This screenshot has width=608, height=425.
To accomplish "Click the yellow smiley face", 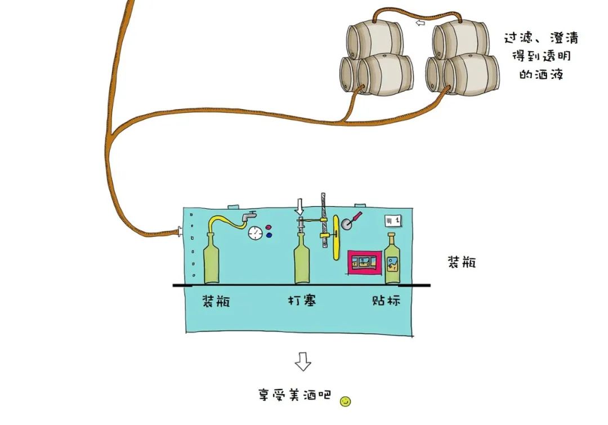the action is (x=345, y=401).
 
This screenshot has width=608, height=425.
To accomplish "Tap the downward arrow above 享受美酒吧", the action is (x=303, y=361).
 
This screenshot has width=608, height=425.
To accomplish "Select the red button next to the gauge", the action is (x=269, y=227).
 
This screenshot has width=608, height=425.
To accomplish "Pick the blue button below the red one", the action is (x=269, y=235).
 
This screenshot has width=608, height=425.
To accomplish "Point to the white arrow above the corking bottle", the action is (x=299, y=207).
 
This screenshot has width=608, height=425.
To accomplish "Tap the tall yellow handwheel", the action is (x=336, y=236).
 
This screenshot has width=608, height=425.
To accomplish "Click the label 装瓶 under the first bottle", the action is (x=216, y=301).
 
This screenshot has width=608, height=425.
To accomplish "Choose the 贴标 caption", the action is (x=386, y=301).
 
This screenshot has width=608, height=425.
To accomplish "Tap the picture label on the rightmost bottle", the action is (x=392, y=264).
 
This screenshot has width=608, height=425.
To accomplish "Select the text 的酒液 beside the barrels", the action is (x=541, y=74).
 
